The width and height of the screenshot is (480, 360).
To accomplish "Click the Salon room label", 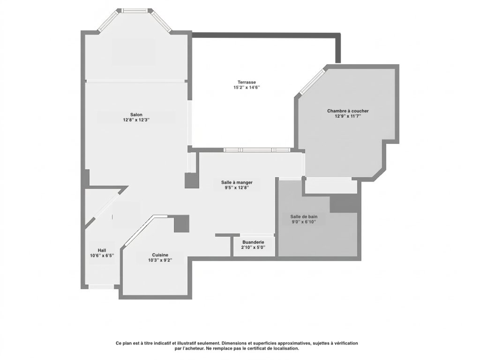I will [136, 114].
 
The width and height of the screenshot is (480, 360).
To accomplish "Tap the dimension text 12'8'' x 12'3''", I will [136, 120].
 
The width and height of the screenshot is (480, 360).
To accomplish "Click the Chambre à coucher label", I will [348, 111].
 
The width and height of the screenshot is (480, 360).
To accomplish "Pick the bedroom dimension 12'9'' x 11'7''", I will [348, 116].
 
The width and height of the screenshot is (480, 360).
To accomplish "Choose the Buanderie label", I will [253, 242].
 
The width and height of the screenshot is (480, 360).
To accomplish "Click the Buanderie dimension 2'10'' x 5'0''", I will [253, 247].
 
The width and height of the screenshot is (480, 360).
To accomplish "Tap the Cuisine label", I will [160, 255].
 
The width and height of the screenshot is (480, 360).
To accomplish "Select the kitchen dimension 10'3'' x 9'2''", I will [160, 260].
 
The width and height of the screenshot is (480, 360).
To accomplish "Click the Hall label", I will [102, 250].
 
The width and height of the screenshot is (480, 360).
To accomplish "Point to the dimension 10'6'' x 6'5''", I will [102, 255].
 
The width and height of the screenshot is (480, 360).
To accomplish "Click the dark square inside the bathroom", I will [344, 203].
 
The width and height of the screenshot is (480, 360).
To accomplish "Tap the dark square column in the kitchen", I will [181, 224].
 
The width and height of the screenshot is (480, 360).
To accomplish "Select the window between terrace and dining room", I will [249, 150].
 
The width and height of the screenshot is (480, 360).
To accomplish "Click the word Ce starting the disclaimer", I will [119, 344].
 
